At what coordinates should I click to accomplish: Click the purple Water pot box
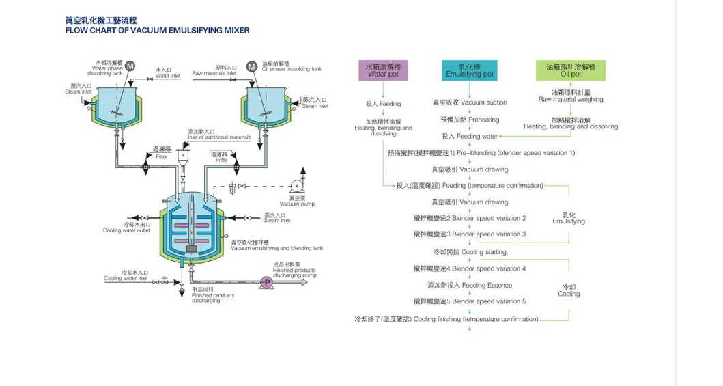[x=383, y=70]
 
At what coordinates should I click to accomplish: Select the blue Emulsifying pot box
[x=469, y=70]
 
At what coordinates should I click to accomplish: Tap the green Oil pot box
[x=571, y=70]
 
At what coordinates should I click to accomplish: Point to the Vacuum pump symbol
[x=296, y=186]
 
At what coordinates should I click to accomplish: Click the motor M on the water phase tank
[x=130, y=66]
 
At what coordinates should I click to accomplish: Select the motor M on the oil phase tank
[x=252, y=66]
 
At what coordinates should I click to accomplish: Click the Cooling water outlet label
[x=126, y=228]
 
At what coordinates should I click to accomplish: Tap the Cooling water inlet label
[x=126, y=275]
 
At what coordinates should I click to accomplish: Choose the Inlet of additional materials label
[x=219, y=135]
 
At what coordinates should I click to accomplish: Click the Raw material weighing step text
[x=571, y=96]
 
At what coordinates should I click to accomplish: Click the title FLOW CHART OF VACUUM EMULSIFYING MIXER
[x=157, y=30]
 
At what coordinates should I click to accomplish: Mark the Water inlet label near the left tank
[x=167, y=73]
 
